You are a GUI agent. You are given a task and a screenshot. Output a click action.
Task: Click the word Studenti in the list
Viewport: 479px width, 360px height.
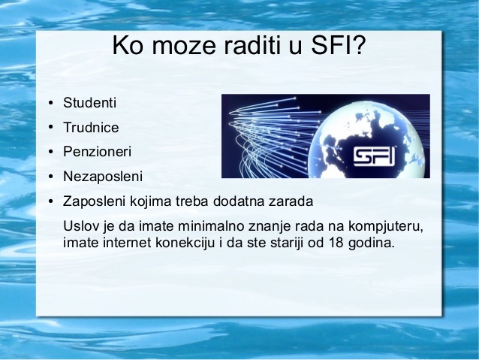pyautogui.click(x=89, y=103)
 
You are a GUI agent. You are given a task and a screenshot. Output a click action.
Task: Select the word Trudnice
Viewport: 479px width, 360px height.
pyautogui.click(x=91, y=128)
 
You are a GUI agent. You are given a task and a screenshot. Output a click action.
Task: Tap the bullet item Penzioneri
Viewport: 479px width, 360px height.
pyautogui.click(x=97, y=152)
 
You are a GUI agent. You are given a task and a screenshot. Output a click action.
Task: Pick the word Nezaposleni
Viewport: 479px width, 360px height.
pyautogui.click(x=103, y=177)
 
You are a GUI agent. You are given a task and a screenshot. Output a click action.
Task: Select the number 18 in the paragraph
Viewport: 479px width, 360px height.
pyautogui.click(x=336, y=243)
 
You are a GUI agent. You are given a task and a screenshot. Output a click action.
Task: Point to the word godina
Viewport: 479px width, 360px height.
pyautogui.click(x=371, y=244)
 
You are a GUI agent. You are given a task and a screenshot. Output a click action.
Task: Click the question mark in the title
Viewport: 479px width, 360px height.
pyautogui.click(x=359, y=45)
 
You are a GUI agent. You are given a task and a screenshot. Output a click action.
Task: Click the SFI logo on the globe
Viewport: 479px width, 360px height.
pyautogui.click(x=374, y=157)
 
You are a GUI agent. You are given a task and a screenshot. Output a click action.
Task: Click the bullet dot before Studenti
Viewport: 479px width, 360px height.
pyautogui.click(x=50, y=103)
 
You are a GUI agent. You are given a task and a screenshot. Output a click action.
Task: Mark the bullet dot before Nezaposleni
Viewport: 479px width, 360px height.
pyautogui.click(x=50, y=177)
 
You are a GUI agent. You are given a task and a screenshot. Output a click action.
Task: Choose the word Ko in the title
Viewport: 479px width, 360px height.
pyautogui.click(x=128, y=45)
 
